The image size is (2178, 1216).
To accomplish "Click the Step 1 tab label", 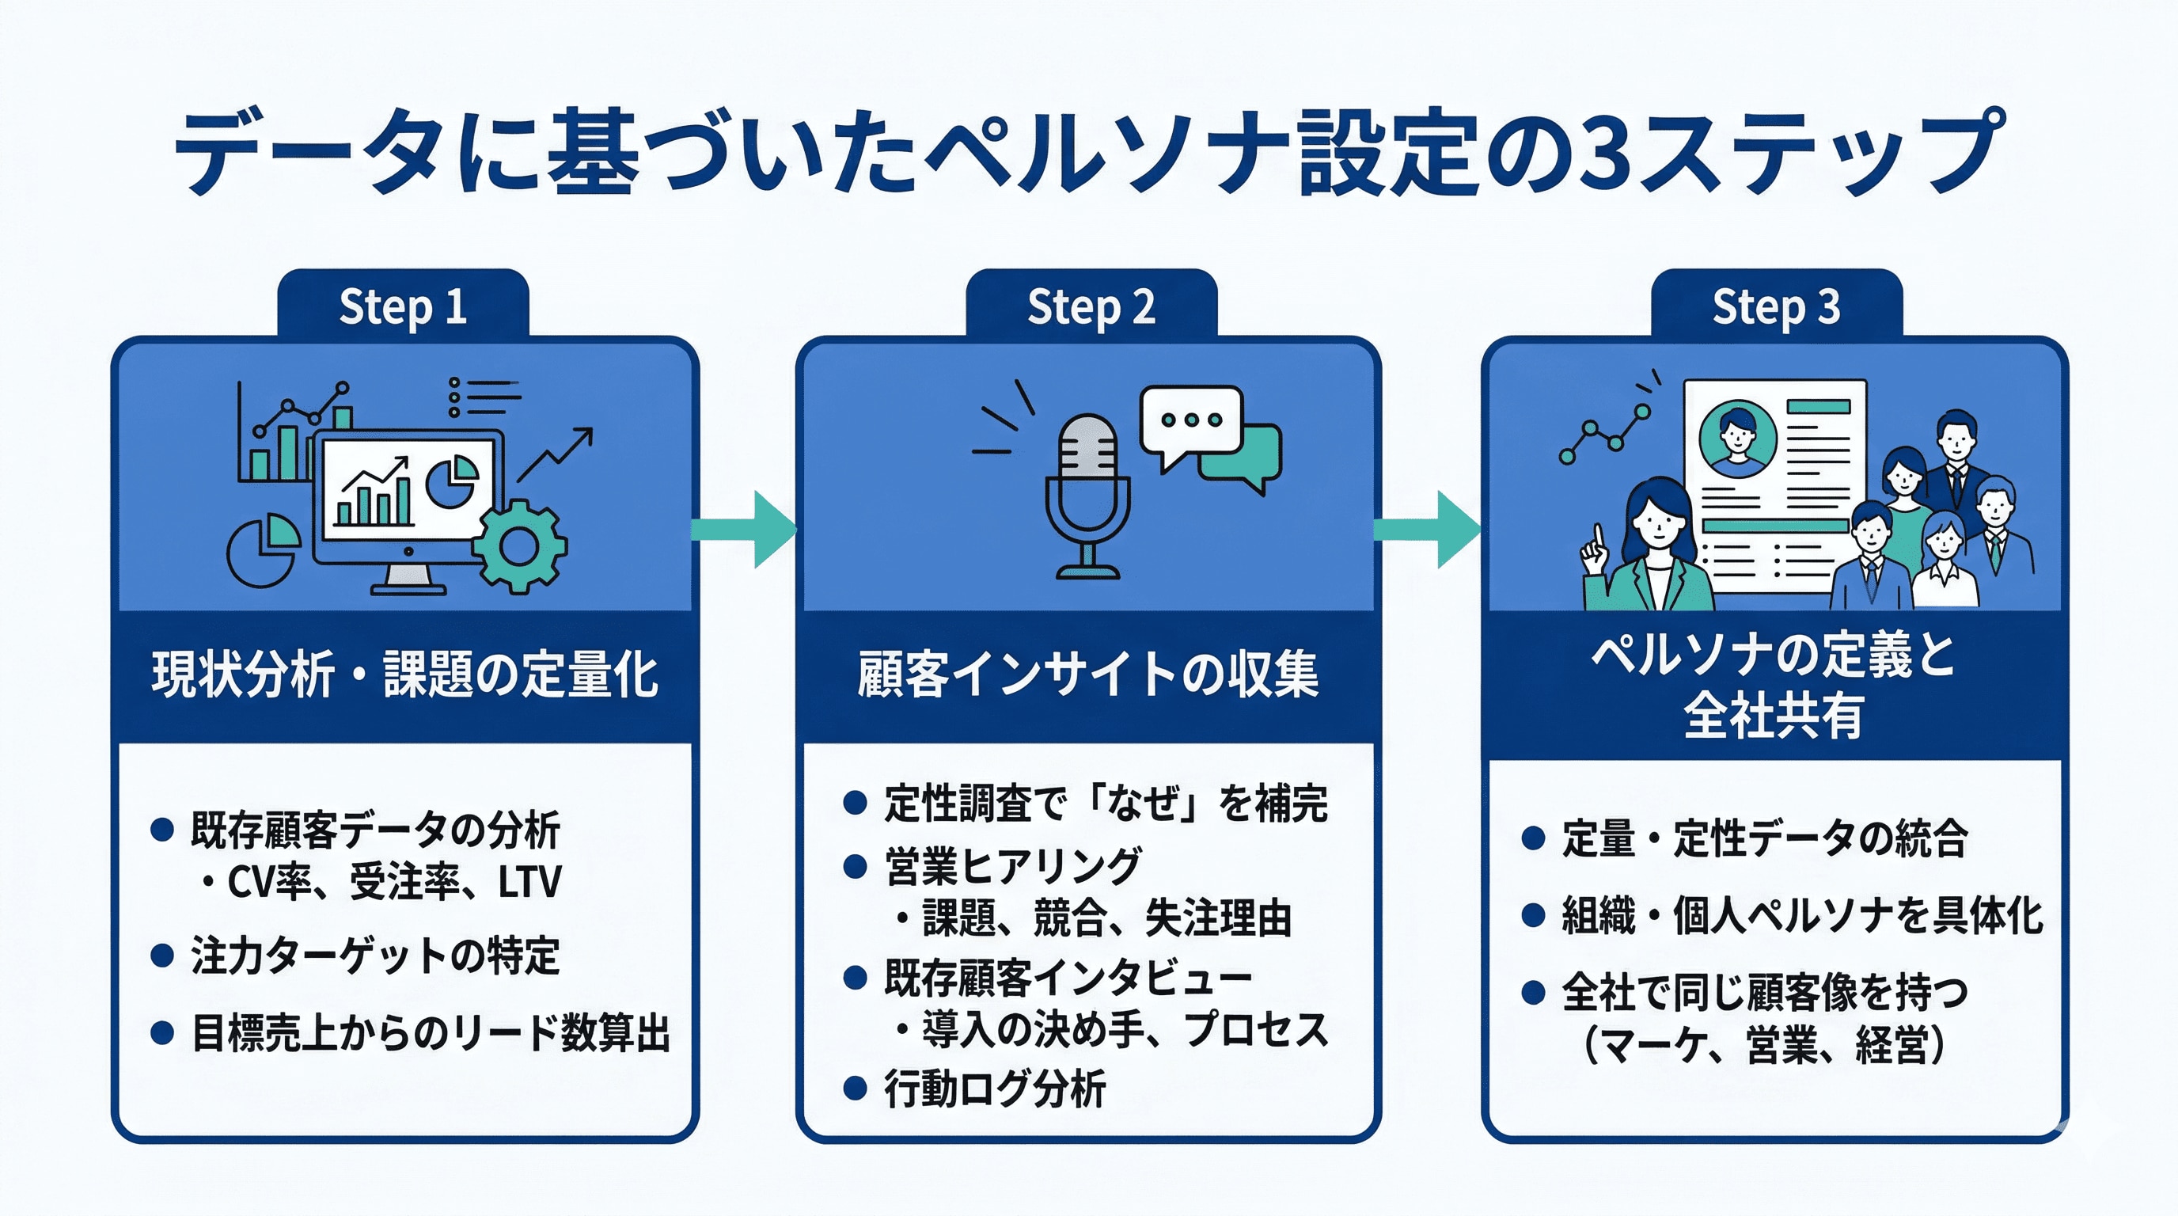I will point(403,306).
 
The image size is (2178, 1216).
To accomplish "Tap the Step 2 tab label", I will point(1091,306).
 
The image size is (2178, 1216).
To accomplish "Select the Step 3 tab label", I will point(1775,306).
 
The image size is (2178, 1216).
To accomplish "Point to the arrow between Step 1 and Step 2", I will point(744,530).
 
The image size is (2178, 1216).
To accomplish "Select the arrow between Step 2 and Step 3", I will point(1427,530).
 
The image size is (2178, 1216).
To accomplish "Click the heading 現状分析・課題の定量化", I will point(404,674).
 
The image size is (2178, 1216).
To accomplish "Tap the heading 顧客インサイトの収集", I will point(1088,674).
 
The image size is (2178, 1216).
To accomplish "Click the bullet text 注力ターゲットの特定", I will point(374,956).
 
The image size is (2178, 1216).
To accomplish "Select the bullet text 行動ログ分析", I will point(994,1089).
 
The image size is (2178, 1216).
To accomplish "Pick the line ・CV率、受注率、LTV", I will point(381,882).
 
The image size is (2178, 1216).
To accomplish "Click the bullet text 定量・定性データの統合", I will point(1764,839).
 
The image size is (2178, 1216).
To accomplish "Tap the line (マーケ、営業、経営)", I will point(1764,1045).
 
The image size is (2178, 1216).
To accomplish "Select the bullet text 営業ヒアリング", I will point(1013,866).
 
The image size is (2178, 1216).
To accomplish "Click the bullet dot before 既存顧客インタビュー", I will point(855,978).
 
